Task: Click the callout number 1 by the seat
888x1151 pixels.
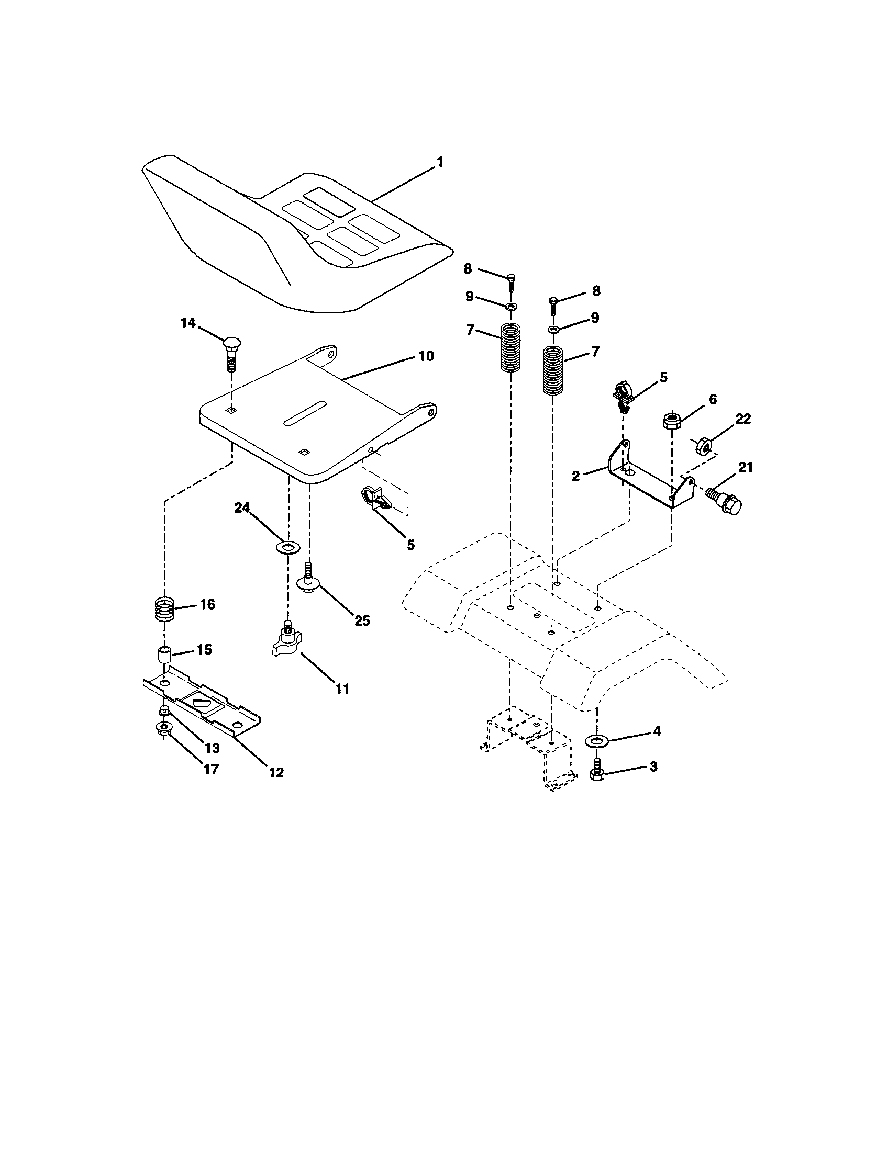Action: (439, 162)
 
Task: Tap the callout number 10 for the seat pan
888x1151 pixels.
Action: (426, 356)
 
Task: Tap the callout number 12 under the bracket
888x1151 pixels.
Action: (276, 773)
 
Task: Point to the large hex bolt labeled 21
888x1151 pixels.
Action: (725, 502)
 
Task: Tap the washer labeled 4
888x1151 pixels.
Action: (597, 741)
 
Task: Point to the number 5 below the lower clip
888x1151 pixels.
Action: (410, 545)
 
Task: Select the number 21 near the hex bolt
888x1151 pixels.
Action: (745, 467)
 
